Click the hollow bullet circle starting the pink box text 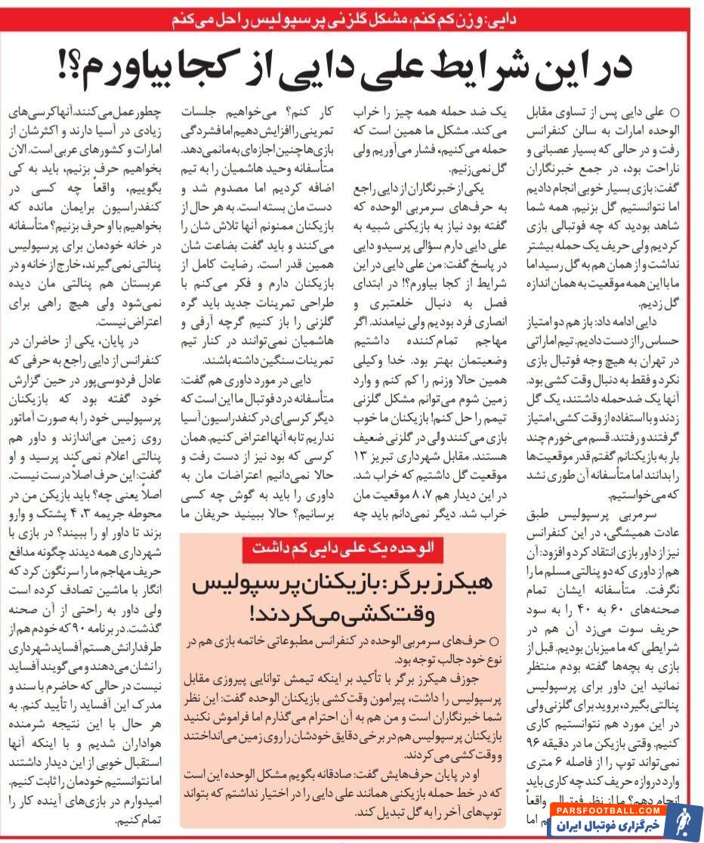(494, 641)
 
